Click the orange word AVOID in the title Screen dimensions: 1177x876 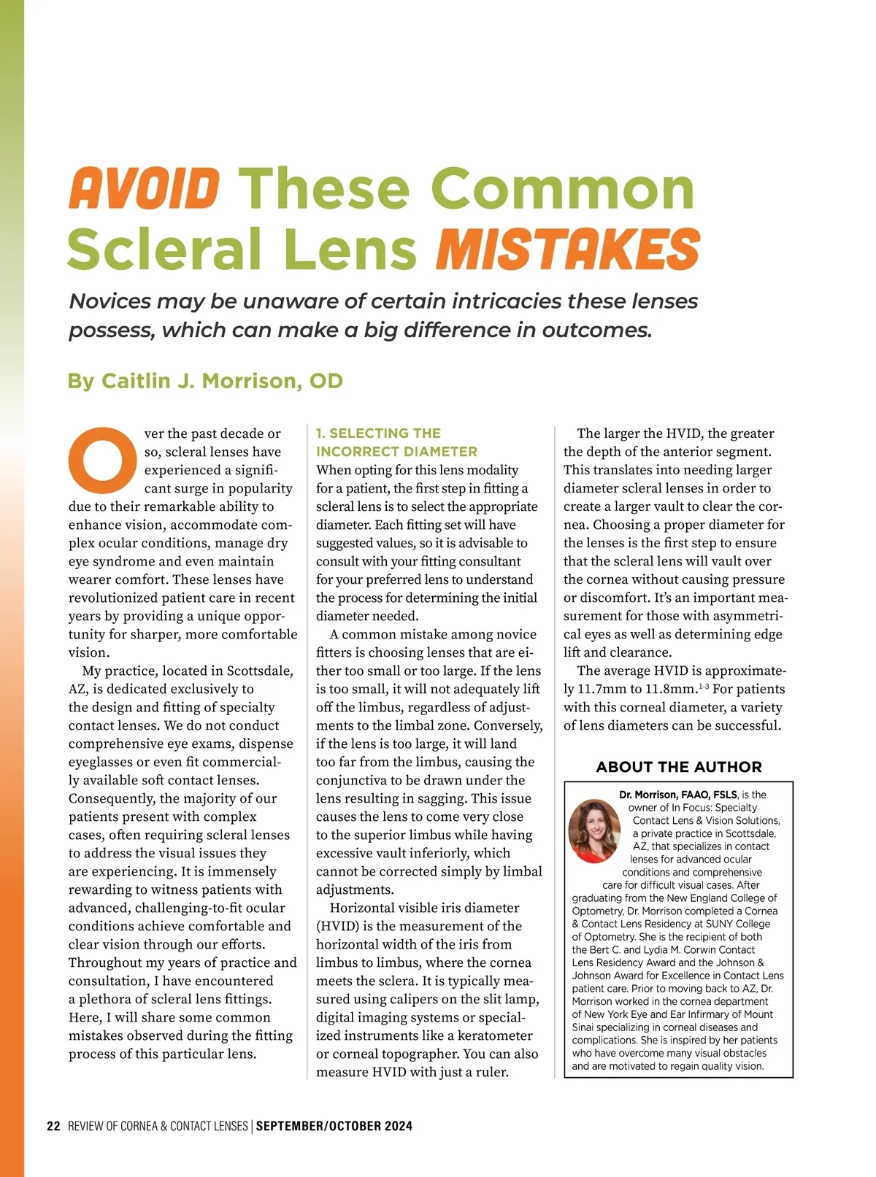(x=145, y=188)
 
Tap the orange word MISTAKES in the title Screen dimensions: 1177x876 (x=567, y=249)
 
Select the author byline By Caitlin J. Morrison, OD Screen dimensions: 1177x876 (x=205, y=381)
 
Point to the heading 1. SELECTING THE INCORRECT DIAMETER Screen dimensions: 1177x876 (x=396, y=442)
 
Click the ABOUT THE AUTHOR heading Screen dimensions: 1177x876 (x=678, y=767)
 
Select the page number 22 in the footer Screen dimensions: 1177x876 (x=53, y=1126)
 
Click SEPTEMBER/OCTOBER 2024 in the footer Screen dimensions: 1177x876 (x=334, y=1126)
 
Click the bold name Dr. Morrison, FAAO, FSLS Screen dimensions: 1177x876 (x=677, y=795)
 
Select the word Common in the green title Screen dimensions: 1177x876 (x=566, y=188)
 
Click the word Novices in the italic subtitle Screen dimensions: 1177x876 (x=110, y=301)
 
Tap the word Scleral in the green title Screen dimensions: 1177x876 (x=164, y=249)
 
